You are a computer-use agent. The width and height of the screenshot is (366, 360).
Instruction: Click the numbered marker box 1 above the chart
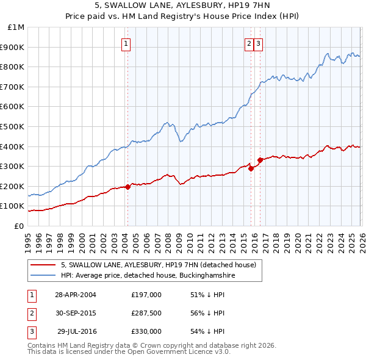coord(126,43)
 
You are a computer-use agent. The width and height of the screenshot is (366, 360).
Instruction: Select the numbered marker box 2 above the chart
coord(249,43)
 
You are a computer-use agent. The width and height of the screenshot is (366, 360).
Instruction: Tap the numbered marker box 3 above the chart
coord(259,43)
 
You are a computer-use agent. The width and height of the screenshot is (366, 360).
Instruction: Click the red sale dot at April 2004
coord(127,187)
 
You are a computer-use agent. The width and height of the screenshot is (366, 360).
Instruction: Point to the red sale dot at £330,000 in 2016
coord(260,160)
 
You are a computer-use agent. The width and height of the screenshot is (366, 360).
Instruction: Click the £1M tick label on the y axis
coord(16,27)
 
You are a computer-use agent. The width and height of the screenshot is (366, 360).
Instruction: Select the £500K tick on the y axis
coord(14,126)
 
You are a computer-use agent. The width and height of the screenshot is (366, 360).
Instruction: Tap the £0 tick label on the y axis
coord(20,226)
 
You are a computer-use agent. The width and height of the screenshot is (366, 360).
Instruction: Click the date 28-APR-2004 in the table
coord(76,295)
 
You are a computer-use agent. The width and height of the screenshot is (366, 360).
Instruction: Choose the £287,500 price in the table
coord(146,313)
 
